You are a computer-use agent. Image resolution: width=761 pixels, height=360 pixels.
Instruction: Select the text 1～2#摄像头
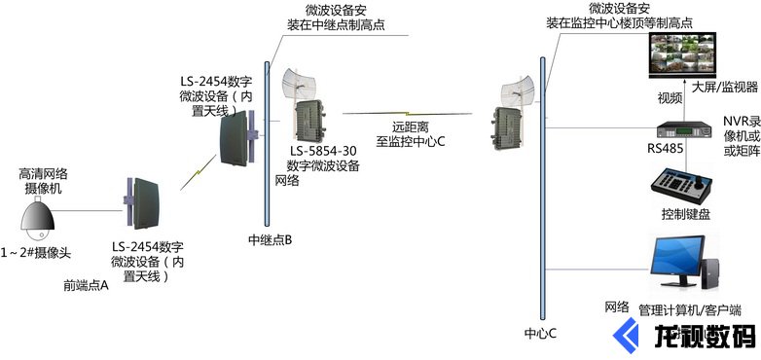coord(38,254)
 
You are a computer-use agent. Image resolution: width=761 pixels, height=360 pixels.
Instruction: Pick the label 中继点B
coord(271,239)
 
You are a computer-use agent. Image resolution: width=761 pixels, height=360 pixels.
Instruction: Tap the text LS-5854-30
coord(324,151)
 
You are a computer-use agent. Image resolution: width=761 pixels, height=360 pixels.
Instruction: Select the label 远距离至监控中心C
coord(411,133)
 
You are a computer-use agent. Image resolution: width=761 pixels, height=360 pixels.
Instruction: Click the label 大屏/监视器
coord(725,87)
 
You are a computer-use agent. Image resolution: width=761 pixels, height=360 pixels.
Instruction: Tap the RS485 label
coord(665,150)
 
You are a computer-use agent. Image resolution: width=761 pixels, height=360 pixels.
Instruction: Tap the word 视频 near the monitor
coord(670,97)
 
